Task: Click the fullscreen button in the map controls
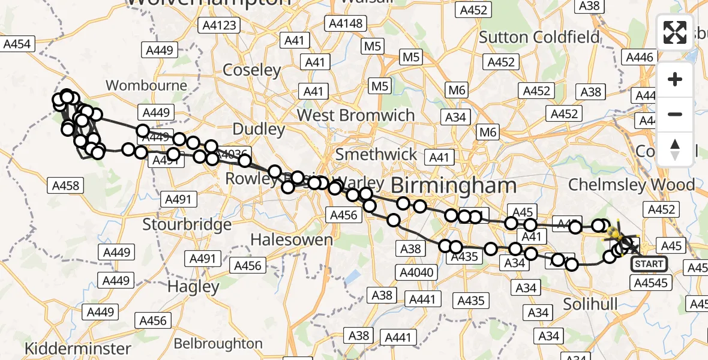(675, 32)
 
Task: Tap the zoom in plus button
(675, 80)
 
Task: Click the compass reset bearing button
(675, 149)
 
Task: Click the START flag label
(649, 264)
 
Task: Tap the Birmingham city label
(454, 185)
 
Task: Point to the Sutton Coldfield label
(539, 37)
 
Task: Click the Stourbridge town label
(187, 224)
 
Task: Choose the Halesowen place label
(291, 239)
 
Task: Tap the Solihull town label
(590, 304)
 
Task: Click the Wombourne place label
(146, 85)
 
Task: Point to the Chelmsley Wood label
(631, 184)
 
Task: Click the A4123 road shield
(220, 26)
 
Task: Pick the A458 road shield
(66, 186)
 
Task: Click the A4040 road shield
(416, 272)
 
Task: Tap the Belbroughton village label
(218, 344)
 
